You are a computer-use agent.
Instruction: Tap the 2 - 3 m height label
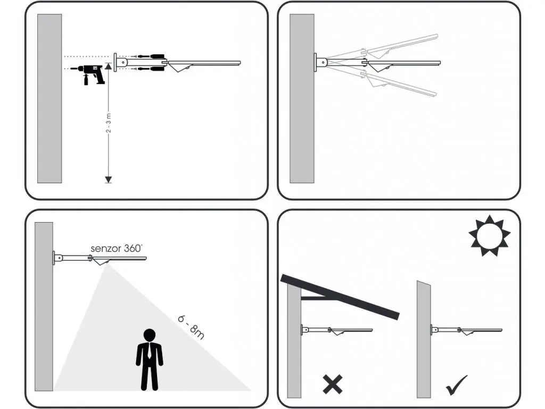pyautogui.click(x=109, y=123)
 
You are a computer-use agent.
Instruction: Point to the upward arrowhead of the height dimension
pyautogui.click(x=109, y=67)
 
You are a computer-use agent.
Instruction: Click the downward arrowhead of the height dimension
pyautogui.click(x=109, y=179)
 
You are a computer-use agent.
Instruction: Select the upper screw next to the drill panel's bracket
pyautogui.click(x=148, y=56)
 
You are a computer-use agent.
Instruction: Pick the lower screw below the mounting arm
pyautogui.click(x=148, y=69)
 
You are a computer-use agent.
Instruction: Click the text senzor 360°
pyautogui.click(x=117, y=248)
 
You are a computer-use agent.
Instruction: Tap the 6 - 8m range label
pyautogui.click(x=191, y=327)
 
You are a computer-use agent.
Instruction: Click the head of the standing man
pyautogui.click(x=150, y=335)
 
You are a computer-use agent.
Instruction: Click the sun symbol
pyautogui.click(x=490, y=236)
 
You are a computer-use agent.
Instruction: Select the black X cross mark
pyautogui.click(x=333, y=384)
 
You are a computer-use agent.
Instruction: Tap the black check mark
pyautogui.click(x=456, y=385)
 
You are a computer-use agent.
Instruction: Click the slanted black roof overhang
pyautogui.click(x=340, y=297)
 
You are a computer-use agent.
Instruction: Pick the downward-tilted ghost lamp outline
pyautogui.click(x=399, y=84)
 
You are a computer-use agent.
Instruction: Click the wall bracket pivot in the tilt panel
pyautogui.click(x=323, y=63)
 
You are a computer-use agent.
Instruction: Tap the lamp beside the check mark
pyautogui.click(x=467, y=330)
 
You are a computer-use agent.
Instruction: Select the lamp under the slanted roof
pyautogui.click(x=337, y=330)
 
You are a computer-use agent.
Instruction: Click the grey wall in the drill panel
pyautogui.click(x=49, y=99)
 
